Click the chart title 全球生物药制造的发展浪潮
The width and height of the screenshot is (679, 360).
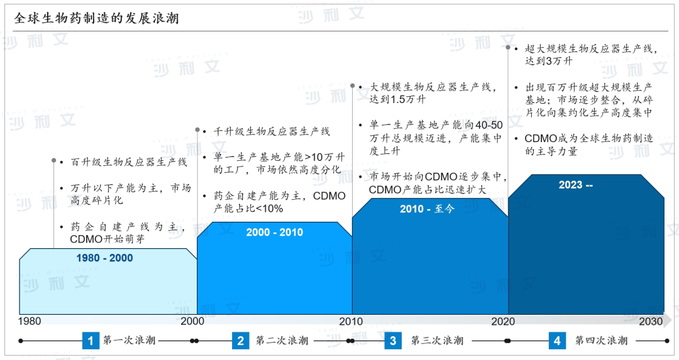96,18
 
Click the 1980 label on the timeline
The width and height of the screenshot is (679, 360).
30,322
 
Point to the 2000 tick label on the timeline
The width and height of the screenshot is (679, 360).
192,321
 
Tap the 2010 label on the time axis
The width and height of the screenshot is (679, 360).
351,322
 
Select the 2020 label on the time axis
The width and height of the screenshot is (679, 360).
503,322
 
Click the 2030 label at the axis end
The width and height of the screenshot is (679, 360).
651,322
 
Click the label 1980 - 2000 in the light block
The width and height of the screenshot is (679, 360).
104,258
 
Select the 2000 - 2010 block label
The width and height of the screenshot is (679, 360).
275,232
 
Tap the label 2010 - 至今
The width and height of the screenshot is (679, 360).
427,209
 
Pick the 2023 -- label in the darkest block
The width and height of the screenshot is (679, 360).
575,185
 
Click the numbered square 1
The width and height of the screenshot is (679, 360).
91,341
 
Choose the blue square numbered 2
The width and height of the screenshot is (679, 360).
240,341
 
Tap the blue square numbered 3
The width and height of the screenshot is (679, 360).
393,341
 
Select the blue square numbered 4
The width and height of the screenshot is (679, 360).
557,341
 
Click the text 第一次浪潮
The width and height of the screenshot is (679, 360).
129,341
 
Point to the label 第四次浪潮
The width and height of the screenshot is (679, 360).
601,341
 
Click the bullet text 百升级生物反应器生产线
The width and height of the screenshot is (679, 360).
129,162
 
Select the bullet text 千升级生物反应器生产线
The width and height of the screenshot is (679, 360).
272,131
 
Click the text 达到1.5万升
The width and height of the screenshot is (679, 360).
397,99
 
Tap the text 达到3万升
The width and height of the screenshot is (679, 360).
549,61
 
